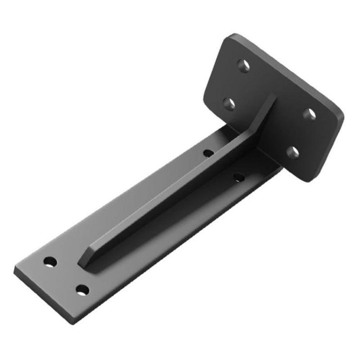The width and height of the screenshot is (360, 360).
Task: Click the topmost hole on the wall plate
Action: (243, 66)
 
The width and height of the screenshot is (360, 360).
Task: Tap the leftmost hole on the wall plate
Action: (229, 104)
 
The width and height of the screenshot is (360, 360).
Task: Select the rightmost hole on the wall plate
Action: (309, 114)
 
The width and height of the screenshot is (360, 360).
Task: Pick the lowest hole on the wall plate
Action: (292, 153)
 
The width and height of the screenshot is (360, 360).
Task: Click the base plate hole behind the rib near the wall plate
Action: (208, 153)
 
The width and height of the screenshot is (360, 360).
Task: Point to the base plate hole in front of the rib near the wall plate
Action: (239, 178)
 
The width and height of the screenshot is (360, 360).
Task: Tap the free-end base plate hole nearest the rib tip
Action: (50, 261)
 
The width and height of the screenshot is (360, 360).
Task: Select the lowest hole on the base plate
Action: (81, 291)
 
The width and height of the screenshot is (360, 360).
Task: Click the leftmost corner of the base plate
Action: (15, 270)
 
